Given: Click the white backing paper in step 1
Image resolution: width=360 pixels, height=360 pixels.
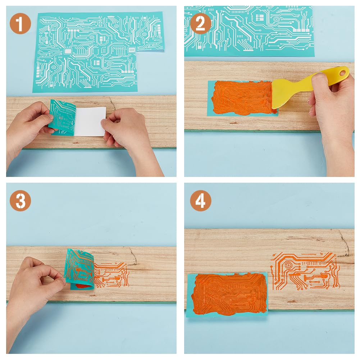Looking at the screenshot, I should [x=90, y=122].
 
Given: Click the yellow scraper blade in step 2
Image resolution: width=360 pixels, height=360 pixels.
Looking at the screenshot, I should [x=284, y=94].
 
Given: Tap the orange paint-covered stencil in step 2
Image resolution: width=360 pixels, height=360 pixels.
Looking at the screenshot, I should [x=241, y=98].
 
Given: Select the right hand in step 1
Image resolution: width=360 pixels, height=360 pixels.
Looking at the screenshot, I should [x=126, y=133].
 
